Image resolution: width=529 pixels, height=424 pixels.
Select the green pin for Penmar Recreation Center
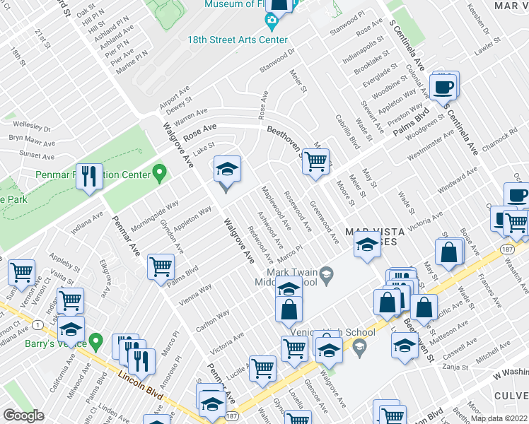161,172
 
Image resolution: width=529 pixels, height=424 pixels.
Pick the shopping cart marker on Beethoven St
315,162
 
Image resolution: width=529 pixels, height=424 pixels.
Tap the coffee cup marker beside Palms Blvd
443,88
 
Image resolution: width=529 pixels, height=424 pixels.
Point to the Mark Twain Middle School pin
326,273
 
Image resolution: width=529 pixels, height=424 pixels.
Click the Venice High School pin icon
359,344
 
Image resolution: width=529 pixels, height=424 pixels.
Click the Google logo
23,415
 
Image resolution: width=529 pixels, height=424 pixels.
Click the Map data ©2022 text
499,418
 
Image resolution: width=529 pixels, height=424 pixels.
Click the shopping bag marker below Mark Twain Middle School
289,310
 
